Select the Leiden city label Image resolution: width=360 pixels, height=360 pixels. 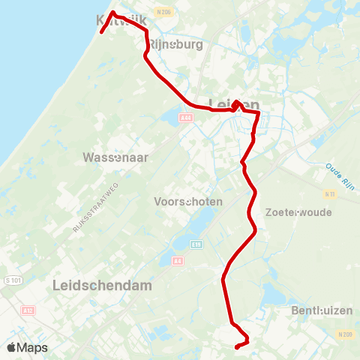click(x=233, y=106)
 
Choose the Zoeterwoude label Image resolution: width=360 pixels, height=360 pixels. click(x=298, y=212)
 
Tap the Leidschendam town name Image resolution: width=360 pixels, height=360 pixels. click(x=103, y=286)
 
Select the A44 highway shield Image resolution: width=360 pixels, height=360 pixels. click(x=186, y=117)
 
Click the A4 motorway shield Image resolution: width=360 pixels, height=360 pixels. click(x=178, y=261)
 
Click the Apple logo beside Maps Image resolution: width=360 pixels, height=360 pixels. click(x=12, y=347)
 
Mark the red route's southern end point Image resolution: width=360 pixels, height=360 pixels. click(x=237, y=346)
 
